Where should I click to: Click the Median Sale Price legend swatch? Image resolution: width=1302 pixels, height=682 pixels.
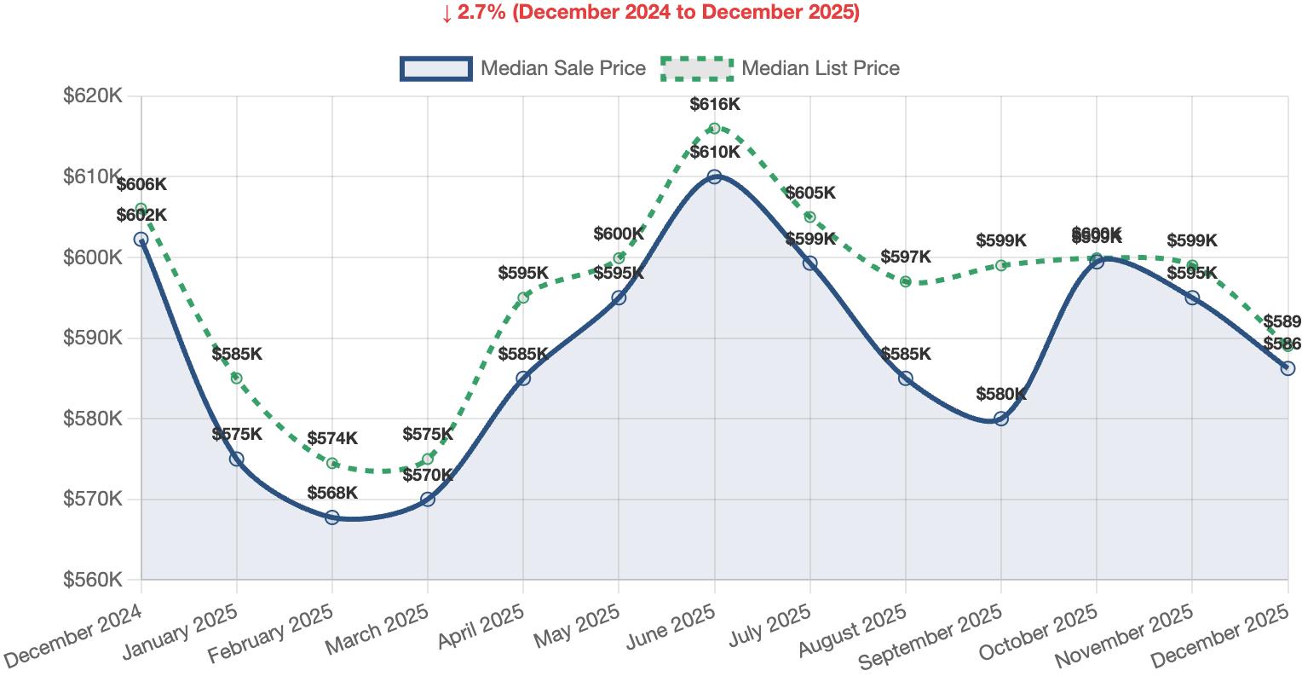coord(435,68)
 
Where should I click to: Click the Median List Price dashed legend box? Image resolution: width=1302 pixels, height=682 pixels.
coord(697,68)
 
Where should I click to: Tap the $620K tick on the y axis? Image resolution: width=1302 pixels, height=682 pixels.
coord(93,96)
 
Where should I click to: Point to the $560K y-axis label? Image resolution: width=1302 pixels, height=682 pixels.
coord(93,580)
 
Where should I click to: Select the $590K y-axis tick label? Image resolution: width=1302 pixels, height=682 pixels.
coord(93,338)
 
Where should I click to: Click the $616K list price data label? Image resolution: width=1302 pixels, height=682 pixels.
coord(715,105)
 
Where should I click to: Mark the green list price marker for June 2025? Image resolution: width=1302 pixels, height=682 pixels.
coord(715,129)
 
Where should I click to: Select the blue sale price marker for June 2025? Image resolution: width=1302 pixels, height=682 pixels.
coord(715,176)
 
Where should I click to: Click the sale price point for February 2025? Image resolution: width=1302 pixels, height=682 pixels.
coord(332,517)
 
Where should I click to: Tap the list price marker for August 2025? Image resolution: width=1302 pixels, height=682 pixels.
coord(906,281)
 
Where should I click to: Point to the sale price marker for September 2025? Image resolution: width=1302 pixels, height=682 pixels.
coord(1001,419)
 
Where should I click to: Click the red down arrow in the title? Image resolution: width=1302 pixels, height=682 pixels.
coord(446,14)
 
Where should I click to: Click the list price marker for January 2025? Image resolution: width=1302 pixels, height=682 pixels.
coord(237,379)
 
